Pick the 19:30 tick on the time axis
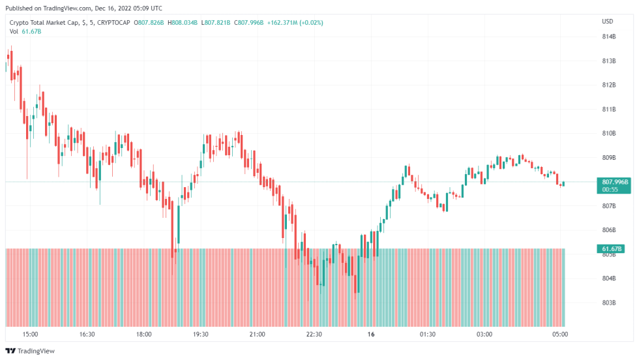pos(201,335)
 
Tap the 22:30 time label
pos(314,335)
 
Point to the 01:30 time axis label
pos(427,335)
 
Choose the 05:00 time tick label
pos(560,335)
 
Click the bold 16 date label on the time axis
pos(370,335)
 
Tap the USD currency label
pos(607,22)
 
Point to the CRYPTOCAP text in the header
pos(111,23)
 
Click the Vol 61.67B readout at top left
pos(25,31)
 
